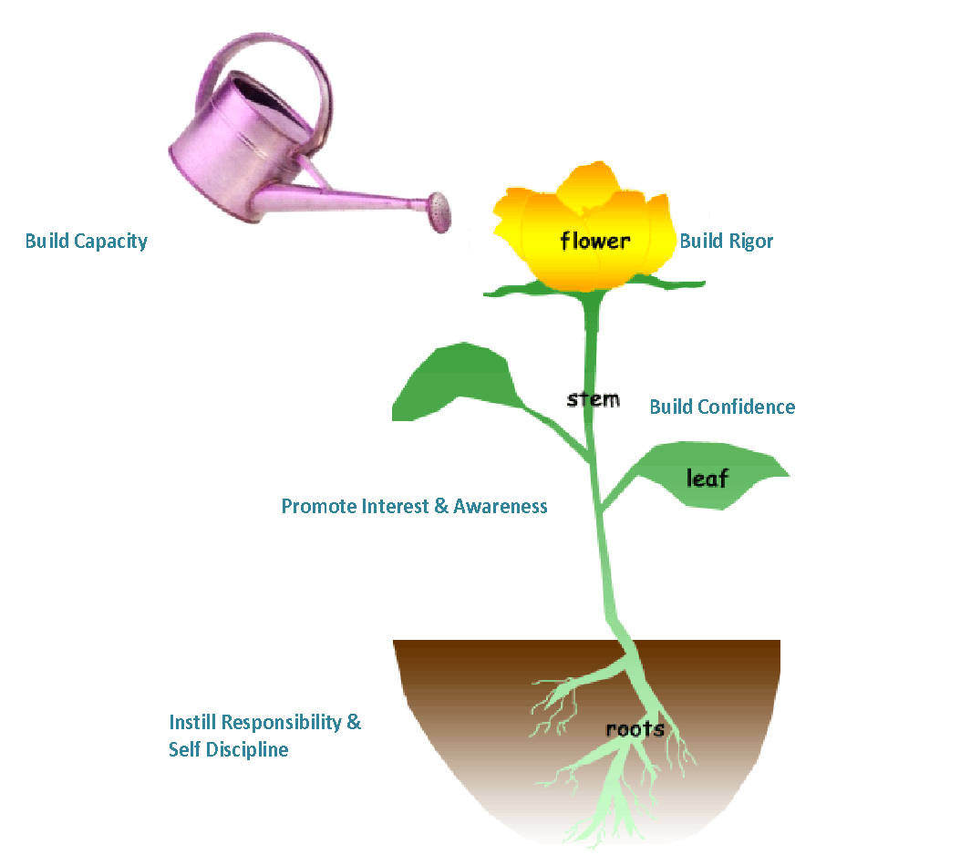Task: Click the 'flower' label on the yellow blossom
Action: (594, 241)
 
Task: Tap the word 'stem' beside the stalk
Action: (593, 399)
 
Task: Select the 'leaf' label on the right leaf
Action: (707, 477)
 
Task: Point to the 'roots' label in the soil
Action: (635, 729)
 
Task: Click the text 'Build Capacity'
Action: (86, 242)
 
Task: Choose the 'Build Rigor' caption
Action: (726, 242)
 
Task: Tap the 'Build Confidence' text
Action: (721, 407)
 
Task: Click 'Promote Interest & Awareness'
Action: (414, 506)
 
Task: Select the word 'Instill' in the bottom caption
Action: (193, 723)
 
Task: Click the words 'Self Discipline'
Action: (228, 750)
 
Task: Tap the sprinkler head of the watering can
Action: (441, 211)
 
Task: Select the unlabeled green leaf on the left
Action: (455, 383)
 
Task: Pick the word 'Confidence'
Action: (747, 407)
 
